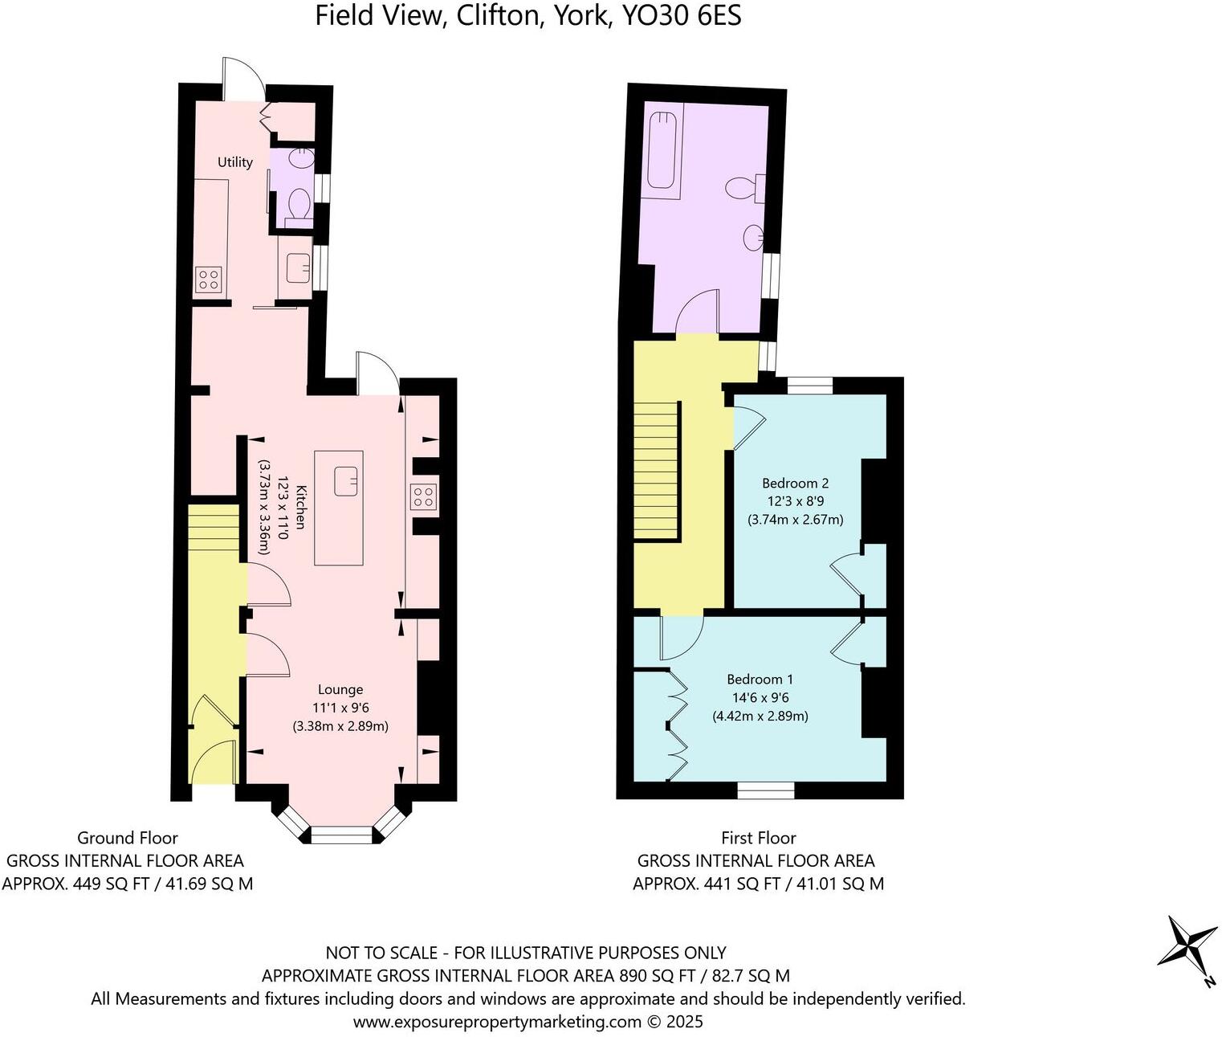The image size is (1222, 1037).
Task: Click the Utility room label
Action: coord(234,162)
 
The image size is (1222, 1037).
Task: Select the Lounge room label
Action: coord(340,689)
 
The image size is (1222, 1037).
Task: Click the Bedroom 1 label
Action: coord(760,680)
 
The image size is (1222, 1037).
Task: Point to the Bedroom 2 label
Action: coord(795,484)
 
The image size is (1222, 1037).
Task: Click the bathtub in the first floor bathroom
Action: coord(663,153)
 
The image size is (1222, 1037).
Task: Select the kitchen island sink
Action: coord(347,480)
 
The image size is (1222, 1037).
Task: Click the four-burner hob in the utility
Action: coord(209,280)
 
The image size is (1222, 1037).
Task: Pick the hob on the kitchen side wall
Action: coord(423,498)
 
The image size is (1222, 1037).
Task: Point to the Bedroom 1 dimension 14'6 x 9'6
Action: coord(760,698)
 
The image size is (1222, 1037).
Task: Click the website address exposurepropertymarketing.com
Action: coord(497,1022)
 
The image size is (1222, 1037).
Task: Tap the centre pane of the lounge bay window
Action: coord(342,838)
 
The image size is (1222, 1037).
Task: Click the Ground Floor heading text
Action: coord(127,839)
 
